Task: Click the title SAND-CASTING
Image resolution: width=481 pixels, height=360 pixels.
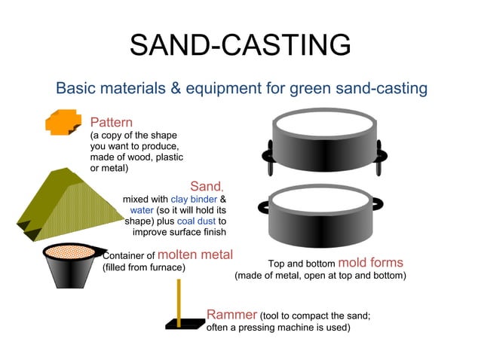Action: point(240,45)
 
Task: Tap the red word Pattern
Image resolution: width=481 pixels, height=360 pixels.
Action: point(111,122)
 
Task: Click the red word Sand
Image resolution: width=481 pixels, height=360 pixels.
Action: point(207,185)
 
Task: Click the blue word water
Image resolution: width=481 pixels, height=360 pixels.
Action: point(142,210)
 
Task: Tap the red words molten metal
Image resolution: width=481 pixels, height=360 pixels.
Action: point(195,255)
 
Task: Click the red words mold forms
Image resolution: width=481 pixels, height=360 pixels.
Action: point(370,263)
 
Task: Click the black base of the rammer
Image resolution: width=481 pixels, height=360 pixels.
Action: point(184,325)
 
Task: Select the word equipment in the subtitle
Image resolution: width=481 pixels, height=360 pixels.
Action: point(236,88)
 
